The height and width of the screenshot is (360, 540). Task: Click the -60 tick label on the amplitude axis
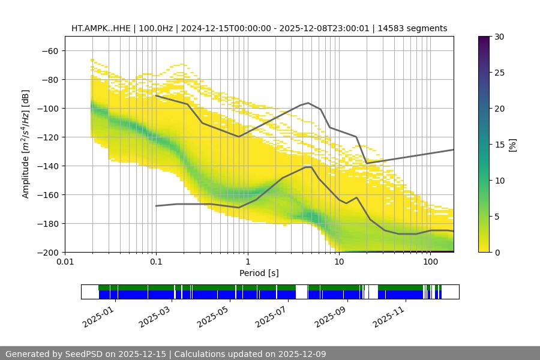click(x=50, y=50)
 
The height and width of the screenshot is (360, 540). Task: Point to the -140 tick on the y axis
click(x=47, y=166)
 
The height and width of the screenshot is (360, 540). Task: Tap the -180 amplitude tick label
click(x=47, y=223)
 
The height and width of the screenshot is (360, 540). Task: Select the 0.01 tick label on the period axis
click(x=65, y=262)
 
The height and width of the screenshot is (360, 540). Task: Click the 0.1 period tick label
click(x=156, y=262)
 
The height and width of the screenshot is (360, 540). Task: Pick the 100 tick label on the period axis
click(x=430, y=262)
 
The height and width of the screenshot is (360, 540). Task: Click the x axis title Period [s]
click(x=259, y=273)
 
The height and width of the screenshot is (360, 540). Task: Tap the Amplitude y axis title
click(x=26, y=144)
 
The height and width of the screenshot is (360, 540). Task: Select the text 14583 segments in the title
click(x=416, y=28)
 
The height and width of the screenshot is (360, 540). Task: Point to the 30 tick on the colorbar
click(x=499, y=37)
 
